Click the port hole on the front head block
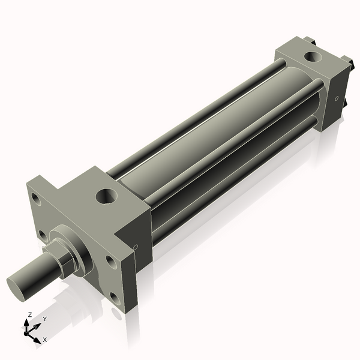(x=107, y=196)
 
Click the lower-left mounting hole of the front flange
(x=41, y=234)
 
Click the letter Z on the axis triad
(x=29, y=314)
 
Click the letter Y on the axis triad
(x=44, y=319)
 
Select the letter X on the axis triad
(x=44, y=340)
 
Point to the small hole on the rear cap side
(x=337, y=98)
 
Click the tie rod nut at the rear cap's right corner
(x=346, y=61)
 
